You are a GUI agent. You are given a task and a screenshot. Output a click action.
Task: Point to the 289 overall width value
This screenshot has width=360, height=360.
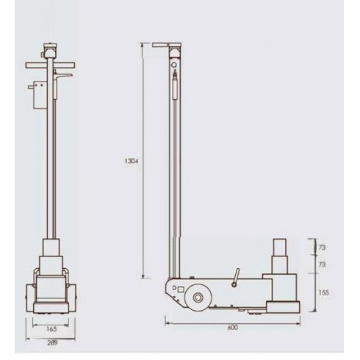[x=50, y=342]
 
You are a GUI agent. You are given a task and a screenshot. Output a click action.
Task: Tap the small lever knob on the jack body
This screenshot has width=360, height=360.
[x=236, y=278]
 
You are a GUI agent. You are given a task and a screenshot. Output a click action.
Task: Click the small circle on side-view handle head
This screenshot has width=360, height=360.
[x=174, y=65]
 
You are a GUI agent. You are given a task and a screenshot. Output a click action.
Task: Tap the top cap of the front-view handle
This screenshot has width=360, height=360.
[x=50, y=51]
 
